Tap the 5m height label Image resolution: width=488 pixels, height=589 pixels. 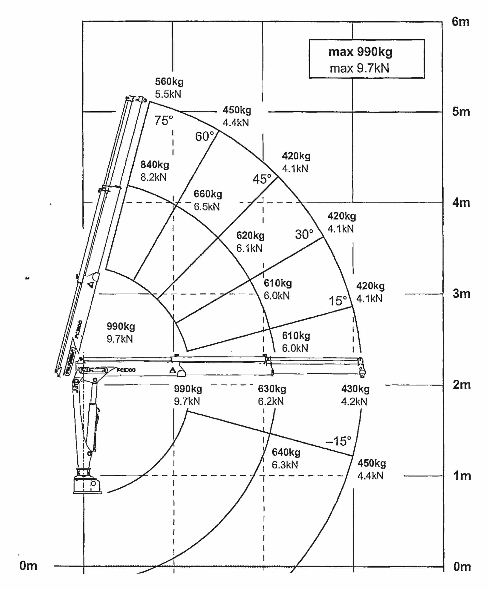[x=461, y=112]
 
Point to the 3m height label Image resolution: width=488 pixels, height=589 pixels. [x=461, y=293]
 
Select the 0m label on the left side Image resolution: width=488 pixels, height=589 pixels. [x=28, y=566]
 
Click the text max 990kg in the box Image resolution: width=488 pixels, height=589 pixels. [x=360, y=52]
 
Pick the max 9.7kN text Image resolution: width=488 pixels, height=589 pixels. [x=360, y=68]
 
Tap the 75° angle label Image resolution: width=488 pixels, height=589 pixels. [x=164, y=121]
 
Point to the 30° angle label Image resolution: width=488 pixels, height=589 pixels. [x=304, y=234]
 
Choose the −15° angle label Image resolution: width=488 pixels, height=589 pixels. [x=338, y=441]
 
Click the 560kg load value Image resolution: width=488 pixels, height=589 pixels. [x=169, y=82]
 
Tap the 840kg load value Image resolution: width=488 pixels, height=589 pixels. [x=155, y=165]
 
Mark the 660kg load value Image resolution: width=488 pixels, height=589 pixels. [x=208, y=194]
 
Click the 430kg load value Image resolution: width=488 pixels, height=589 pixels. [x=355, y=389]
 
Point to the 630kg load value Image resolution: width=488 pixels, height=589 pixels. [x=272, y=389]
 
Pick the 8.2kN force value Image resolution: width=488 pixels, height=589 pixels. [x=153, y=177]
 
